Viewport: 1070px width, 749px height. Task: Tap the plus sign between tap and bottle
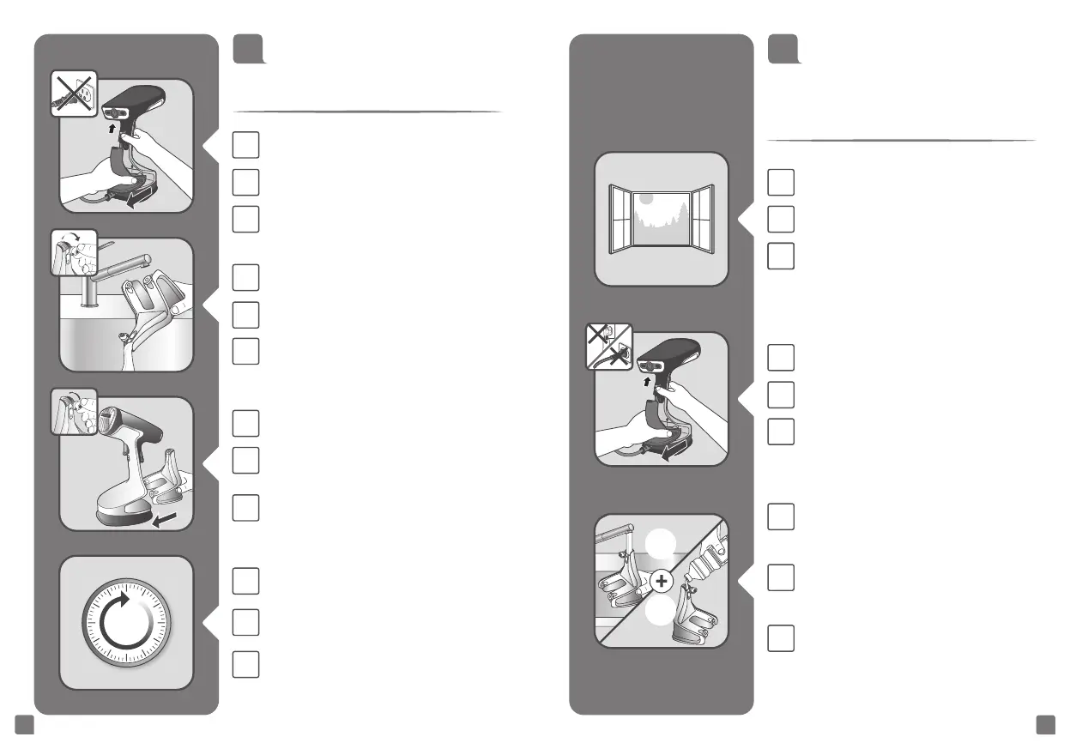(x=661, y=582)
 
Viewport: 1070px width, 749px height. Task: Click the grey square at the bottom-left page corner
(x=25, y=725)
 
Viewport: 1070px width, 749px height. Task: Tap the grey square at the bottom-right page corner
(x=1045, y=725)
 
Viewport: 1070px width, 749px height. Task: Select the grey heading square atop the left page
(x=247, y=49)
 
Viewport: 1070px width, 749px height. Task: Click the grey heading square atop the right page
(x=782, y=49)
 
